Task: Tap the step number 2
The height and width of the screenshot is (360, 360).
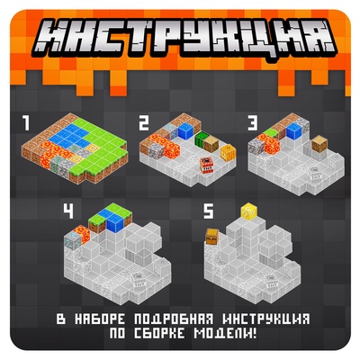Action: tap(143, 121)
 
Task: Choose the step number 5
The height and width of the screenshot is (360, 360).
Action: tap(209, 212)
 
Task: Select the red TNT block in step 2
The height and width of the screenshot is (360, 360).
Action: tap(205, 162)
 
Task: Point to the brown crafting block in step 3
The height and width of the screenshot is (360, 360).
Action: tap(318, 144)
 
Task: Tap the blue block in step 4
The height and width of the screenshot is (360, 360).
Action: tap(113, 217)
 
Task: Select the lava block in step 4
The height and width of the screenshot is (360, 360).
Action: tap(76, 237)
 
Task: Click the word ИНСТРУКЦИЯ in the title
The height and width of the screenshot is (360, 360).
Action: tap(180, 36)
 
